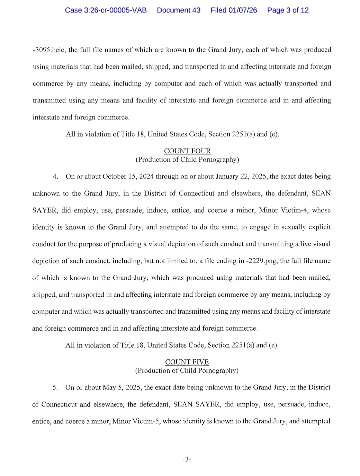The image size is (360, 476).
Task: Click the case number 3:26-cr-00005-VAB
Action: pyautogui.click(x=106, y=10)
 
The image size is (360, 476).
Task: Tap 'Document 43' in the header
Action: pyautogui.click(x=179, y=10)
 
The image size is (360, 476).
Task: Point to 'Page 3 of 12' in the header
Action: pyautogui.click(x=288, y=10)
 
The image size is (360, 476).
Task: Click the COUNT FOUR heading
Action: pyautogui.click(x=187, y=151)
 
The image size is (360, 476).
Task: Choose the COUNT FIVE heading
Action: pyautogui.click(x=187, y=362)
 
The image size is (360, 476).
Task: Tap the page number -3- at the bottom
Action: pyautogui.click(x=187, y=459)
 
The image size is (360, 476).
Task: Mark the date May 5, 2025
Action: pyautogui.click(x=122, y=387)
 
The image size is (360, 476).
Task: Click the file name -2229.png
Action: pyautogui.click(x=261, y=261)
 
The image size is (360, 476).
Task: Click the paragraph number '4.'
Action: pyautogui.click(x=55, y=177)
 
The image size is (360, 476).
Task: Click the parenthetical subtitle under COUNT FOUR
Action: pyautogui.click(x=187, y=160)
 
